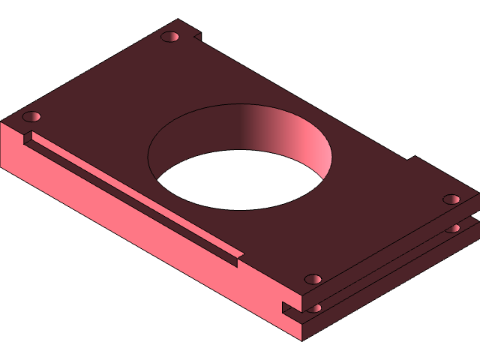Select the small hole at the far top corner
click(x=170, y=37)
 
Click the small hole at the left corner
click(x=31, y=117)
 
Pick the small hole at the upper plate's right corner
click(x=451, y=199)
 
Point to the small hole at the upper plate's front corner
click(x=313, y=279)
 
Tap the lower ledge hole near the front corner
click(x=316, y=307)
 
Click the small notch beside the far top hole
click(x=196, y=35)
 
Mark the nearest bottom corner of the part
click(x=302, y=340)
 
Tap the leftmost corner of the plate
click(x=2, y=121)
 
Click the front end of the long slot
click(x=237, y=259)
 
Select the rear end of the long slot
click(x=28, y=136)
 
